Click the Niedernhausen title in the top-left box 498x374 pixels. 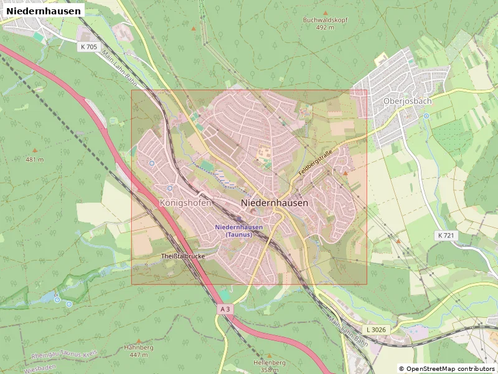click(44, 11)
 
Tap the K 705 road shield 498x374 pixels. click(89, 47)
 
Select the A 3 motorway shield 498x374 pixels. click(226, 309)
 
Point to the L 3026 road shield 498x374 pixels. click(376, 328)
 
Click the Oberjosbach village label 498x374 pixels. click(407, 101)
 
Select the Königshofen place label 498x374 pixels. click(186, 203)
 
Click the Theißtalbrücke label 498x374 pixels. click(183, 256)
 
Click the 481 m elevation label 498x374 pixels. click(35, 160)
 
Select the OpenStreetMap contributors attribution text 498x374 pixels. click(447, 369)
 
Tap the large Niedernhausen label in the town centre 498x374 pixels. click(274, 203)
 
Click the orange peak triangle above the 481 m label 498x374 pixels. click(35, 150)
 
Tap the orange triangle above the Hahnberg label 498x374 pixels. click(138, 341)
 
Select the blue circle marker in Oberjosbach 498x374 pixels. click(426, 116)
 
